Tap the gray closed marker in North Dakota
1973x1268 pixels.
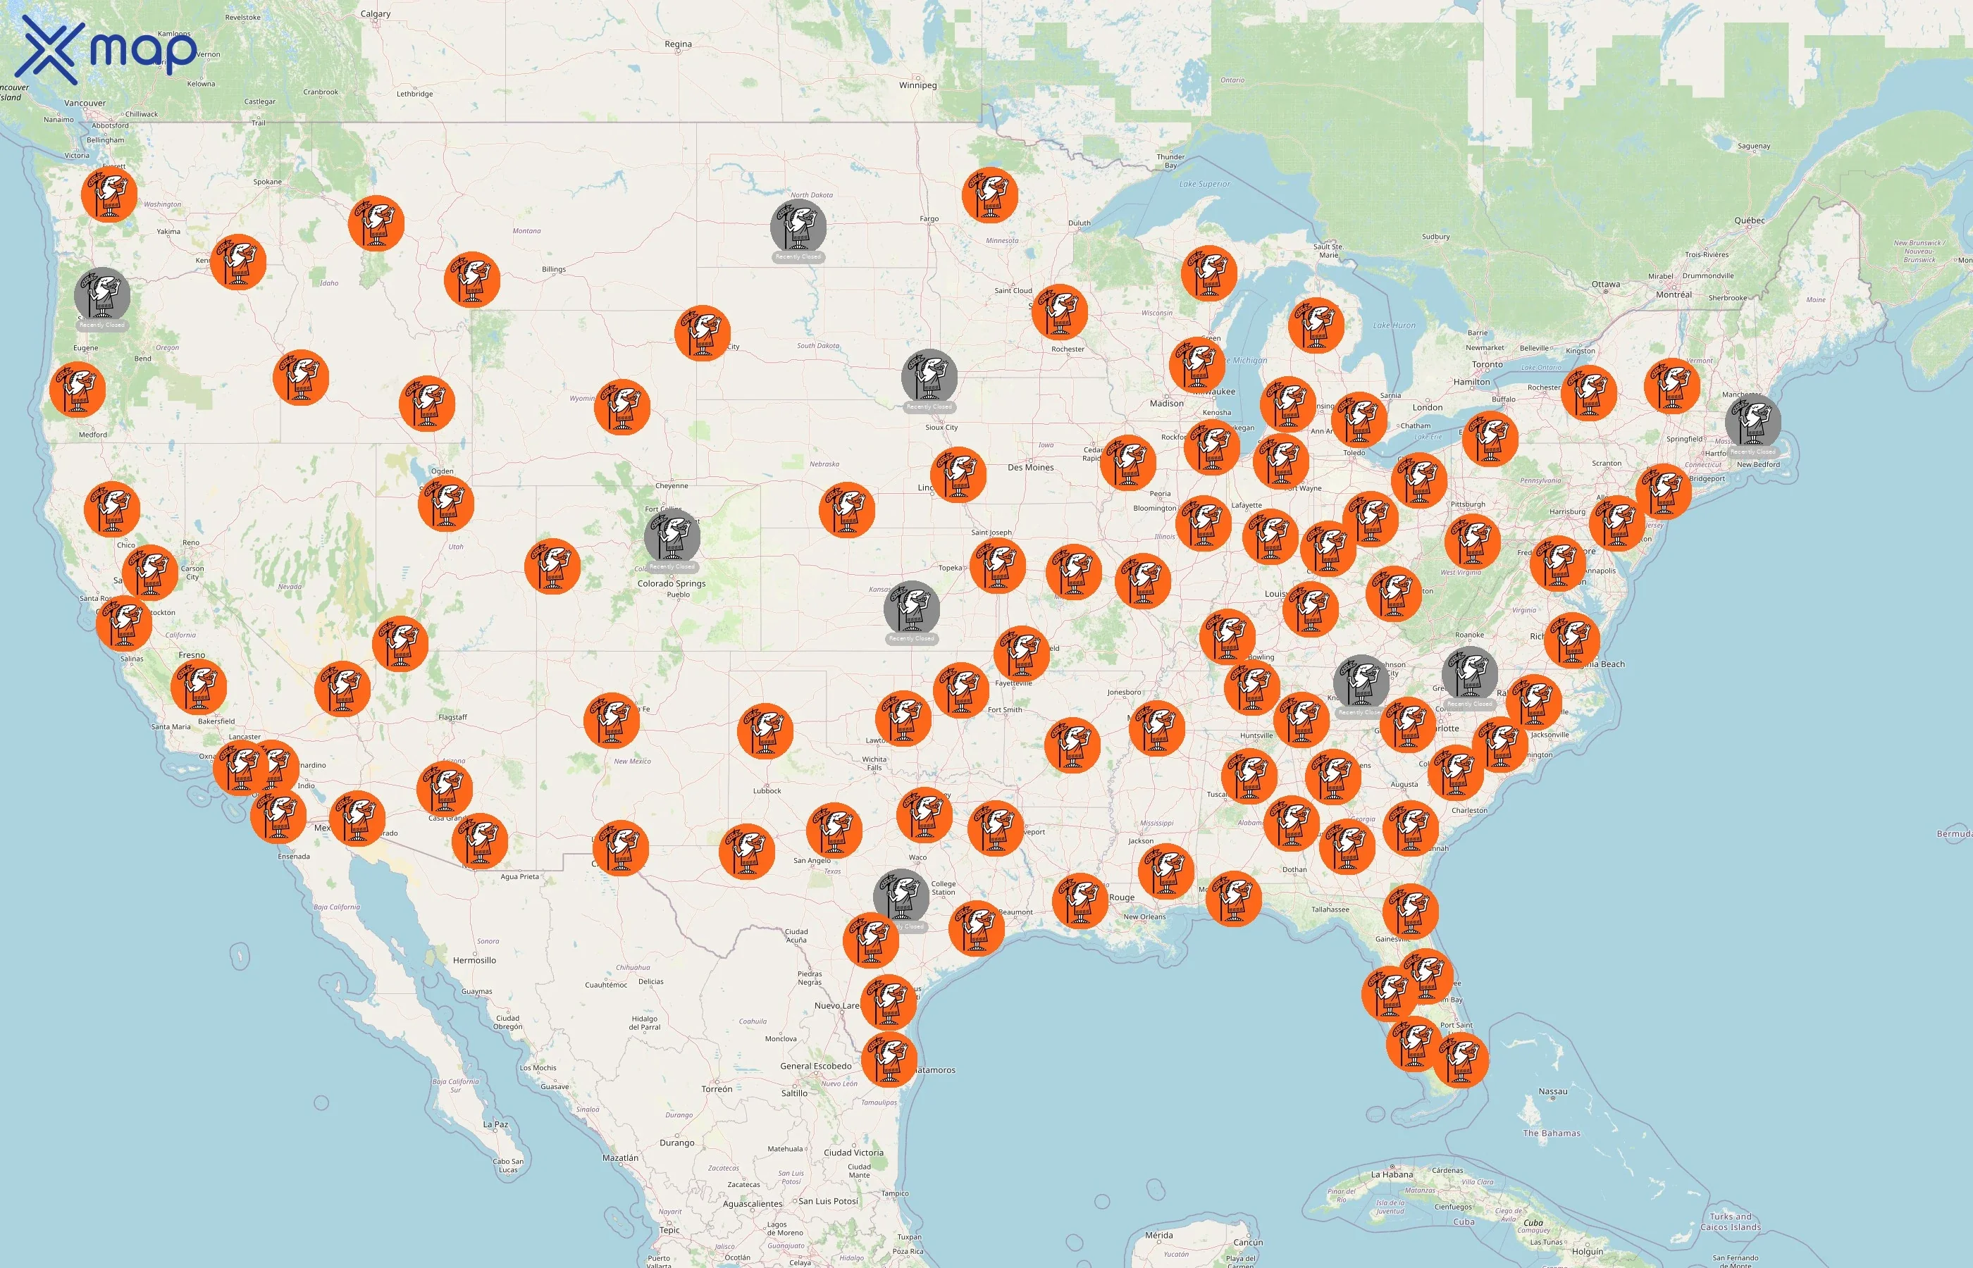pos(798,225)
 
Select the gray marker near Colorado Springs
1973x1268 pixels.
pos(672,536)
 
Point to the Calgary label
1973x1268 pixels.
pos(376,14)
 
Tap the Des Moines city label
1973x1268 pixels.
pos(1030,468)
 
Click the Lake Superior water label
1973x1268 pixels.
pos(1204,185)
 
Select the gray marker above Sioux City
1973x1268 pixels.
pos(929,376)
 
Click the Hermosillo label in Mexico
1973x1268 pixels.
pos(474,961)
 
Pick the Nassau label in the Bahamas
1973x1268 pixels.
pos(1552,1092)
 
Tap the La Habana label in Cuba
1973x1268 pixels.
pos(1392,1175)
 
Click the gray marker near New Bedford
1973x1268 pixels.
pos(1752,421)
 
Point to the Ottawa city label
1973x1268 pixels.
pos(1605,285)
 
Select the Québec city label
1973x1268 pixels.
pos(1749,220)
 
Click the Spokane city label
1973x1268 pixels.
pos(268,182)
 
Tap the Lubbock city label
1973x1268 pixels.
pos(767,791)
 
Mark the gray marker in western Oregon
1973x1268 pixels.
pos(102,294)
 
